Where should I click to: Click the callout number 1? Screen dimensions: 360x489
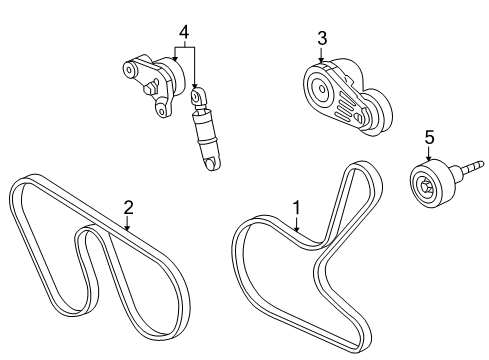[295, 207]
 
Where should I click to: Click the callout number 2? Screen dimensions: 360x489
[128, 207]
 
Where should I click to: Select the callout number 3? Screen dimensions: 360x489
[321, 39]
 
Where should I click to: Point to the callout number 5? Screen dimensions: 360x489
[428, 136]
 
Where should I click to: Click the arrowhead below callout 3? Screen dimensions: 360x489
[321, 62]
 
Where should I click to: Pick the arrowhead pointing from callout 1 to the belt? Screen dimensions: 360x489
[297, 231]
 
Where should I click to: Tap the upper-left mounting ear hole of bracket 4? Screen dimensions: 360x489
[127, 70]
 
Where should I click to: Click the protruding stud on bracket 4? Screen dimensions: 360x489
[149, 90]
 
